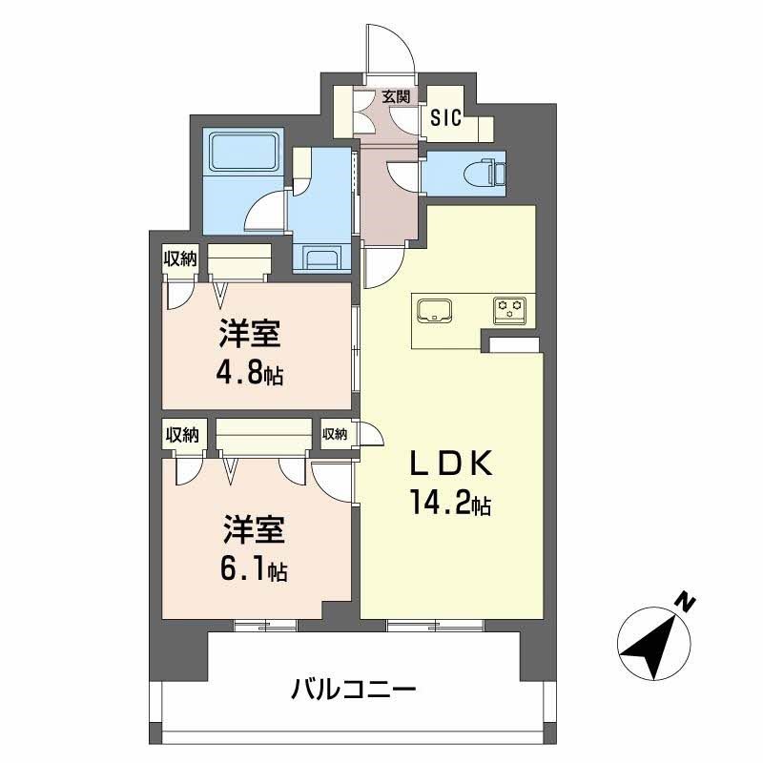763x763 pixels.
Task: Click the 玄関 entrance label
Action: pos(396,96)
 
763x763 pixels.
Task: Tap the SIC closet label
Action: pos(445,118)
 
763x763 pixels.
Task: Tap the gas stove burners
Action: pos(510,309)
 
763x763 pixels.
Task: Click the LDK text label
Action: pos(450,465)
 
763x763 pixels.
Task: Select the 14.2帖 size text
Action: pos(450,504)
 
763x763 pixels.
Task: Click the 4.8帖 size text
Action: pos(249,369)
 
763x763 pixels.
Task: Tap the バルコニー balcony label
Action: pos(354,687)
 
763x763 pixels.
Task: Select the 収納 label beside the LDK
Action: pos(335,434)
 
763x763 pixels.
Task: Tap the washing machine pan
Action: pos(321,258)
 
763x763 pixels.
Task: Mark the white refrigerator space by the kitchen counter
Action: pos(515,344)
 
